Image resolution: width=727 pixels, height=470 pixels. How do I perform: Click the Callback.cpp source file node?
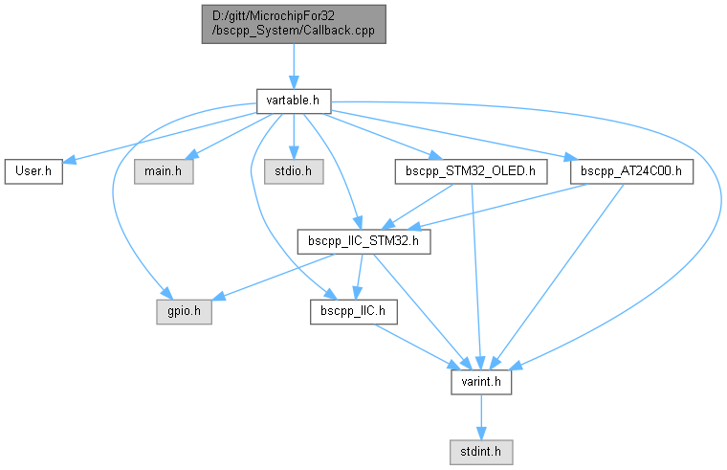[x=293, y=23]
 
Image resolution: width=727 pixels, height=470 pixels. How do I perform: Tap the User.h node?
[x=33, y=172]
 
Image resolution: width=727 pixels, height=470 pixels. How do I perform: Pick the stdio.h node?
[x=294, y=172]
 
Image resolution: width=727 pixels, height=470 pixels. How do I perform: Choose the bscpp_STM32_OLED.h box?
[x=471, y=172]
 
